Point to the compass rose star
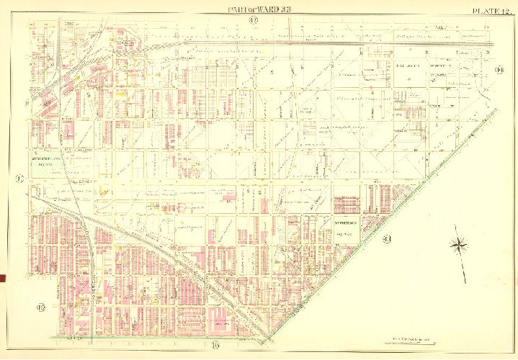[458, 246]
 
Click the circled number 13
[40, 309]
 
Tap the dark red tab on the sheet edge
[2, 278]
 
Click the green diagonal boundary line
[375, 231]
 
